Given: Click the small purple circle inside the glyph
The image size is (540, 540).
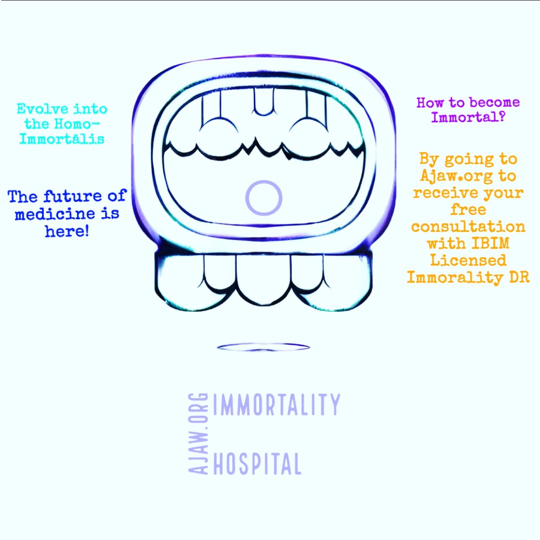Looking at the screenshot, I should click(264, 198).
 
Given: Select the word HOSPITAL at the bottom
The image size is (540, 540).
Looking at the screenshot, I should click(257, 464).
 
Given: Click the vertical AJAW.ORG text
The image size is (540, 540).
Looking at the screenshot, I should click(198, 433).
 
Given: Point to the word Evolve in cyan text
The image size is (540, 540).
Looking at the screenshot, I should click(43, 109).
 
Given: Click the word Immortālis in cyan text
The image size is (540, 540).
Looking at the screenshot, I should click(62, 138).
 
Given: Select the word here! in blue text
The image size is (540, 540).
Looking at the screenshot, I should click(67, 231).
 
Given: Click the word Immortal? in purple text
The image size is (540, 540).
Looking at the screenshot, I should click(468, 117).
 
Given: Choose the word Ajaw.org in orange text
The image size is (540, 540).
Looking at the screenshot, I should click(456, 176).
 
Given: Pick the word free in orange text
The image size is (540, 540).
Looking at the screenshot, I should click(468, 210).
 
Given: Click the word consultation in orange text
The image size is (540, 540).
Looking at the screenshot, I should click(468, 227).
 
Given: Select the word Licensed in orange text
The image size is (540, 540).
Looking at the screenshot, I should click(468, 260).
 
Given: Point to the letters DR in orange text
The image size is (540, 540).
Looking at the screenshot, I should click(519, 277).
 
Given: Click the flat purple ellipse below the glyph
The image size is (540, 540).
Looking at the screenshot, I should click(263, 347).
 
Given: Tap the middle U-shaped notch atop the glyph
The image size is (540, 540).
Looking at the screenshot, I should click(263, 102).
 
